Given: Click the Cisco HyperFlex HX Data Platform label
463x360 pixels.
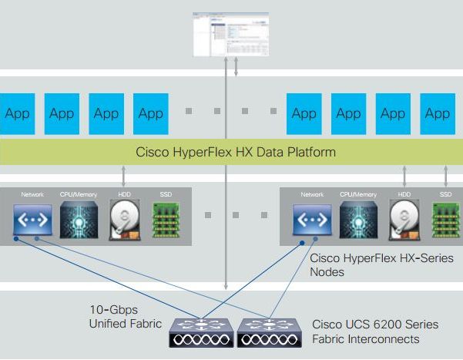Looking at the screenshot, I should pyautogui.click(x=235, y=152).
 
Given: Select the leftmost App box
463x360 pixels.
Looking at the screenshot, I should pyautogui.click(x=17, y=114).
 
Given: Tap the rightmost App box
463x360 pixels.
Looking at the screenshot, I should pyautogui.click(x=437, y=114).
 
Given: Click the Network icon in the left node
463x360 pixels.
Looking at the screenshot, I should pyautogui.click(x=33, y=219).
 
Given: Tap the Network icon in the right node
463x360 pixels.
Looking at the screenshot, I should pyautogui.click(x=312, y=219).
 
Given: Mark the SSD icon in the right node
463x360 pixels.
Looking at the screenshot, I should pyautogui.click(x=445, y=219).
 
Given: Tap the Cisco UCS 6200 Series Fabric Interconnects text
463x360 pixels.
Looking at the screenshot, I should pyautogui.click(x=366, y=331).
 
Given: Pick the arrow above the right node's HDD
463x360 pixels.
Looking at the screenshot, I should pyautogui.click(x=404, y=175).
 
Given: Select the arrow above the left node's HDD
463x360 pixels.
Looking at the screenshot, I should pyautogui.click(x=124, y=175).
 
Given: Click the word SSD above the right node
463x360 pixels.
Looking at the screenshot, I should pyautogui.click(x=445, y=195).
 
